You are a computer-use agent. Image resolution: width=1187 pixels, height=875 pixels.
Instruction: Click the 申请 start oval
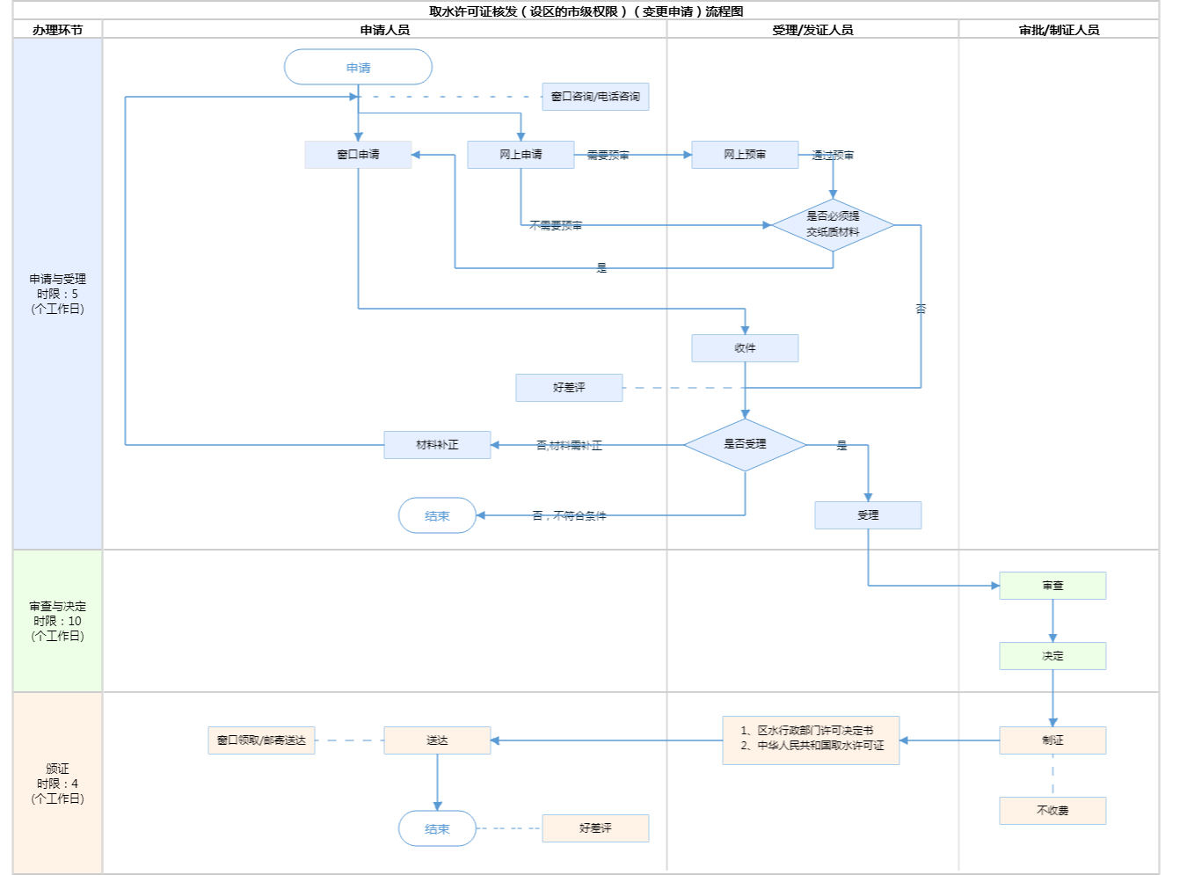358,68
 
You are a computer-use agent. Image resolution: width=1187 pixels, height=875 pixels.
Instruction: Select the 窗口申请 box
358,155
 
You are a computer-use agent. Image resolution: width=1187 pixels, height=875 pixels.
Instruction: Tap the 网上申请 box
521,155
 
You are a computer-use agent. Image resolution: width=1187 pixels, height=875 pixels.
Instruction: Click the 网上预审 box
745,155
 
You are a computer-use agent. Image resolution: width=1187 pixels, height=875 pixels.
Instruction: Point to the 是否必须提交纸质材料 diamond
833,225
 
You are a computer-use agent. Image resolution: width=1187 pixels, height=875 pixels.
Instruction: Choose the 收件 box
745,348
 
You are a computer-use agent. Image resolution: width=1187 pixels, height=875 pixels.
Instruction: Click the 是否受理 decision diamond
745,445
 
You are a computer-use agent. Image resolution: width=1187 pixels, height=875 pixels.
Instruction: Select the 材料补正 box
437,445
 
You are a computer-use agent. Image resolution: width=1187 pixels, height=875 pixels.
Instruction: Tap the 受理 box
868,515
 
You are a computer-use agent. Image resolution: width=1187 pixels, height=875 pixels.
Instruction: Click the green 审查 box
1052,586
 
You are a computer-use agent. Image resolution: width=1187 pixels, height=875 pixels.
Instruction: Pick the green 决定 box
1052,656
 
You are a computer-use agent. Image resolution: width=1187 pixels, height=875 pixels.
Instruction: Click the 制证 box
1052,740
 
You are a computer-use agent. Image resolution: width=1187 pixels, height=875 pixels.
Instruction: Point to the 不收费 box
1052,811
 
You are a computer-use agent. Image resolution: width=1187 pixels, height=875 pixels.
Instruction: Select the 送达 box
437,740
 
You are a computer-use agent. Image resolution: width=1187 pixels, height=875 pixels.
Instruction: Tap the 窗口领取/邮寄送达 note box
261,740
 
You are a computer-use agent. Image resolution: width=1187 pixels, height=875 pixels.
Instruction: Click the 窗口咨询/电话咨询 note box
595,97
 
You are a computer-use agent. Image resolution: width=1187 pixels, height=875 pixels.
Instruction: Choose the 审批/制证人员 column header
1059,30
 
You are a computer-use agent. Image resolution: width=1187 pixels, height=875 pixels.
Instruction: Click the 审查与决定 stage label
57,621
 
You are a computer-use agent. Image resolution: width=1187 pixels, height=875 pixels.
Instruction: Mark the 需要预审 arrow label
608,156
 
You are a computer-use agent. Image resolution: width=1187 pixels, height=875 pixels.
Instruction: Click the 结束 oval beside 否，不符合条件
437,516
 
